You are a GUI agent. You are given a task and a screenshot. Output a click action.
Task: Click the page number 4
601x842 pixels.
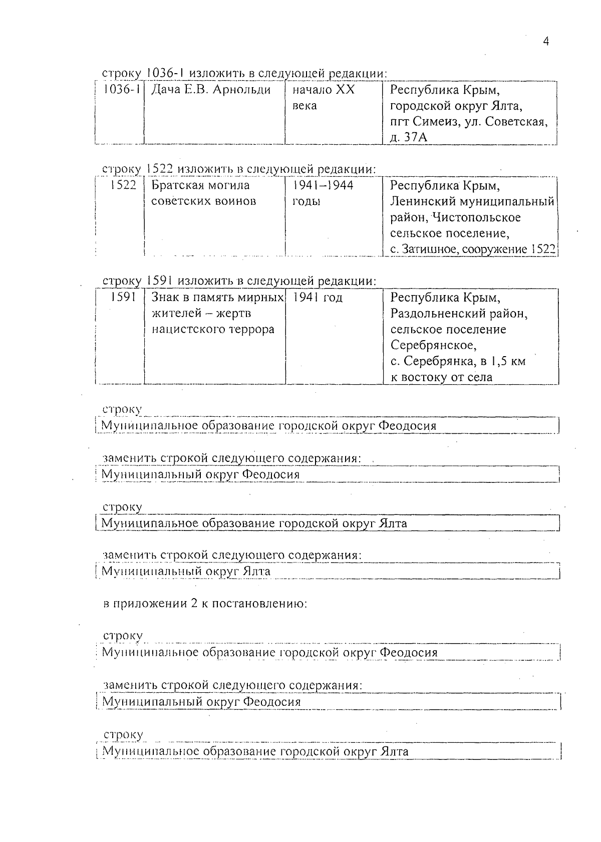tap(546, 42)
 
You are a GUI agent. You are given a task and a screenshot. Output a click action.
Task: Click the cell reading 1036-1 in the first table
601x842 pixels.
tap(120, 90)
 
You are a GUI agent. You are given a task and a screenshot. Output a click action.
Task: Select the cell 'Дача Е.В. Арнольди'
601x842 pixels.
tap(211, 90)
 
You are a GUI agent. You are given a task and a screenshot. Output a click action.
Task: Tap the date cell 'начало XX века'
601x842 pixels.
tap(323, 98)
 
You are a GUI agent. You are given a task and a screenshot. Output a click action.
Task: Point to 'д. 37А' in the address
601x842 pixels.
tap(408, 137)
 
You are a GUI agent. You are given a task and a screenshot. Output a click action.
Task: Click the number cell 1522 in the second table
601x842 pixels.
tap(123, 185)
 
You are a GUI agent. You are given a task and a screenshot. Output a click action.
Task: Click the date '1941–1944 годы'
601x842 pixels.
tap(323, 193)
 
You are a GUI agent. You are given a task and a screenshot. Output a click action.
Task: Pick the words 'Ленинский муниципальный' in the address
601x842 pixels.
tap(472, 201)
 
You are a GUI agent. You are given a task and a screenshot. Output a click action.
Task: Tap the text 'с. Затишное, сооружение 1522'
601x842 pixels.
tap(473, 249)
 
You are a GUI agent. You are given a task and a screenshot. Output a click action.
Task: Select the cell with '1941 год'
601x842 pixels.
tap(318, 298)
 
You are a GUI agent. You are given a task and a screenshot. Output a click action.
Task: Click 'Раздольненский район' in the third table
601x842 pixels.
tap(459, 314)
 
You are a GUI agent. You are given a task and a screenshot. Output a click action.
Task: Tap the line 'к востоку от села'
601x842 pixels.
tap(441, 377)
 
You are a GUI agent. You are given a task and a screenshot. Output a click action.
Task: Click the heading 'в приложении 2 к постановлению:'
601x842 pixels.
tap(205, 603)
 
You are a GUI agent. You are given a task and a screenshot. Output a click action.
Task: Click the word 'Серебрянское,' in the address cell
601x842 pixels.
tap(433, 346)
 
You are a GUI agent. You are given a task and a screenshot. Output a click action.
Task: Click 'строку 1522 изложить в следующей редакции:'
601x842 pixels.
tap(239, 169)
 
